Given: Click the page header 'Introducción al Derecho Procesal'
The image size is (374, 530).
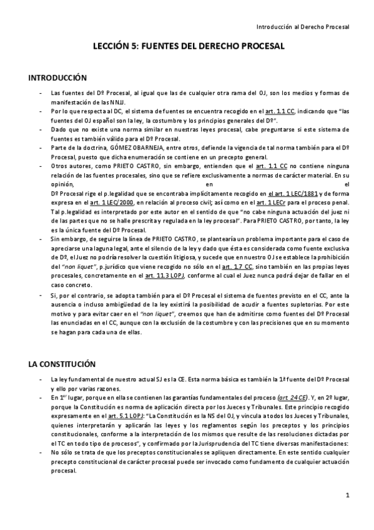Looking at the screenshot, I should [303, 27].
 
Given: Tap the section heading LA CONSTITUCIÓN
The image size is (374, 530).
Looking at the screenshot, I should [62, 363].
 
